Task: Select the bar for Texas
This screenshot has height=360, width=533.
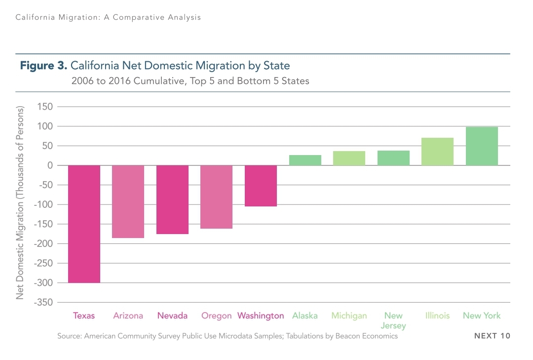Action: point(84,224)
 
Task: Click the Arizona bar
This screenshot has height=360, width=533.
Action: point(128,201)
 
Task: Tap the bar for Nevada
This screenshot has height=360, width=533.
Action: point(172,200)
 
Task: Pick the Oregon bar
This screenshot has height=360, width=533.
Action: point(216,197)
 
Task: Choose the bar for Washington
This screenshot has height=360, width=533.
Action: point(261,186)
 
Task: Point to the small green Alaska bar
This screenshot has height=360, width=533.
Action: point(305,160)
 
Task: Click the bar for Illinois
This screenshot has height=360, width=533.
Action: point(437,152)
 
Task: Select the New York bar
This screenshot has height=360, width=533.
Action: point(482,146)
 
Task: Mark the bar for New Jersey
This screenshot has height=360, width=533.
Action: point(393,158)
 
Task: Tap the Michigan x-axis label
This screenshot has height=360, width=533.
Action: point(349,316)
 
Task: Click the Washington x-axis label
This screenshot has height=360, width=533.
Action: point(261,316)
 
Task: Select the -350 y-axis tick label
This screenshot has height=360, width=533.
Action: point(42,302)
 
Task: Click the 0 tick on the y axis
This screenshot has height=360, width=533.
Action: point(50,165)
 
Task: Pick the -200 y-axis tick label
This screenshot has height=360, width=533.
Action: point(42,243)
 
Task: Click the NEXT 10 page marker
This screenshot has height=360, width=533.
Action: point(492,336)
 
